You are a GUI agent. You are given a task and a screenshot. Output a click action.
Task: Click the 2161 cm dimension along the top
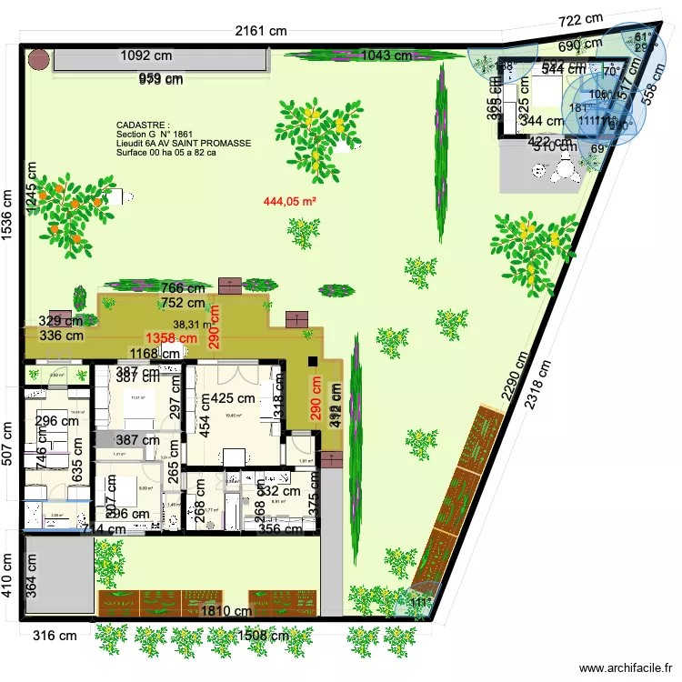click(261, 31)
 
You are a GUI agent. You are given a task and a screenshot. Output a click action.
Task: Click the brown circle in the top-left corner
click(38, 60)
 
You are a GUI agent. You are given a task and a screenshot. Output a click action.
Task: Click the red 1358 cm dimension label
click(173, 338)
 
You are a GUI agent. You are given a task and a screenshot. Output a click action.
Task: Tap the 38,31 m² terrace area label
click(194, 324)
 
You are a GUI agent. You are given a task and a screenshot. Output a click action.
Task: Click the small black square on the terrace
click(314, 362)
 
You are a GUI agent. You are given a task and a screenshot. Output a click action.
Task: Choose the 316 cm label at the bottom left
click(55, 636)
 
